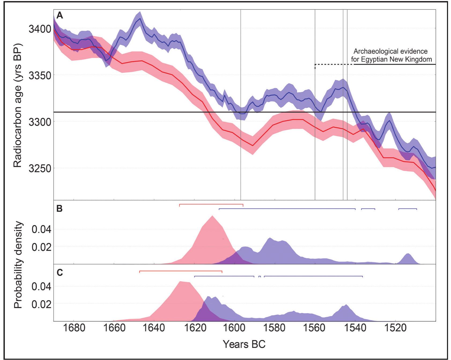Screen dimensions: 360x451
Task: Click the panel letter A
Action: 60,16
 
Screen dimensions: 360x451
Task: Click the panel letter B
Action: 59,209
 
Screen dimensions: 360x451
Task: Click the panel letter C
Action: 60,273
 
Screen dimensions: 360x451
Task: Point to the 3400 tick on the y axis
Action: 39,28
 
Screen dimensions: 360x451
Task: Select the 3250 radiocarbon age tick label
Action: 39,168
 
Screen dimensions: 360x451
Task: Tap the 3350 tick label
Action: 39,75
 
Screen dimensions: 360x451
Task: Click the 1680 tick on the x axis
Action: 73,329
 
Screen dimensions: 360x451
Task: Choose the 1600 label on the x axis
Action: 235,329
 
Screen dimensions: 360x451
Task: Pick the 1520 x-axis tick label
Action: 395,329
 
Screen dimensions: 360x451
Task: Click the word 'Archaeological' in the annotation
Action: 371,51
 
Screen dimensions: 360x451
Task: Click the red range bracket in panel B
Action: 211,204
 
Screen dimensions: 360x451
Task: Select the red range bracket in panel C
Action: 181,271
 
